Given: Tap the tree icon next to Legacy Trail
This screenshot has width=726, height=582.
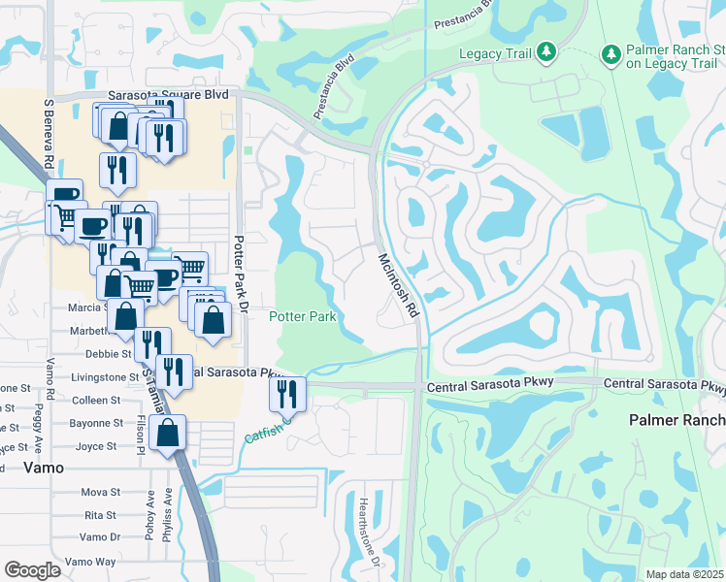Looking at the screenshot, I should [546, 49].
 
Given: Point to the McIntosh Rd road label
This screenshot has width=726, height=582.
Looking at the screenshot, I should [398, 287].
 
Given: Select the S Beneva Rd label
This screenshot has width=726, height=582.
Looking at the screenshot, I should [47, 132].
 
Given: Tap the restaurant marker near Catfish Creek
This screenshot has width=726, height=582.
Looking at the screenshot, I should [288, 394].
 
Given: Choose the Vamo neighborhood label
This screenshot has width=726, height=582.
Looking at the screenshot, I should [43, 467].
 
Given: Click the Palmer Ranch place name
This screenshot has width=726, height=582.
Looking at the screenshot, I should [676, 420].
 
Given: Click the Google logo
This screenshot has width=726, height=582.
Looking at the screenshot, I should [32, 569].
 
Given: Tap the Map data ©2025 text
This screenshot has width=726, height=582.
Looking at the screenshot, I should [685, 574].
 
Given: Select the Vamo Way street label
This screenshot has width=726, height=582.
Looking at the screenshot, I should [90, 562].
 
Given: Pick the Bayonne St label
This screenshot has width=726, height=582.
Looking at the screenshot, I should [94, 423].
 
